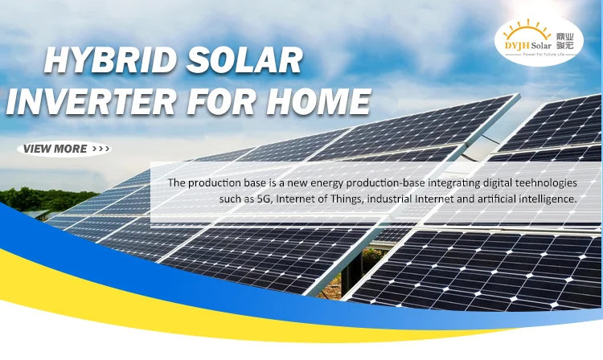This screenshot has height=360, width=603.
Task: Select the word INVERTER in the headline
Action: click(x=91, y=101)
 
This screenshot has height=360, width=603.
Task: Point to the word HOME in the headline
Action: click(x=318, y=101)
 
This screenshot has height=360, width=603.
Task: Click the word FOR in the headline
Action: click(x=221, y=101)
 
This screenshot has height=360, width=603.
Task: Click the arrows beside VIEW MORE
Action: click(x=100, y=149)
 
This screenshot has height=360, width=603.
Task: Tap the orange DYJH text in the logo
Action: click(x=517, y=46)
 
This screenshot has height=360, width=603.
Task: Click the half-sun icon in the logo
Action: click(x=527, y=30)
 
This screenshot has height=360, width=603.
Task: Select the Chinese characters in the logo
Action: click(x=565, y=42)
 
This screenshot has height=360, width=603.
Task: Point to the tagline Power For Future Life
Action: click(x=543, y=55)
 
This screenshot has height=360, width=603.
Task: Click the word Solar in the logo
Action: click(x=541, y=46)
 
